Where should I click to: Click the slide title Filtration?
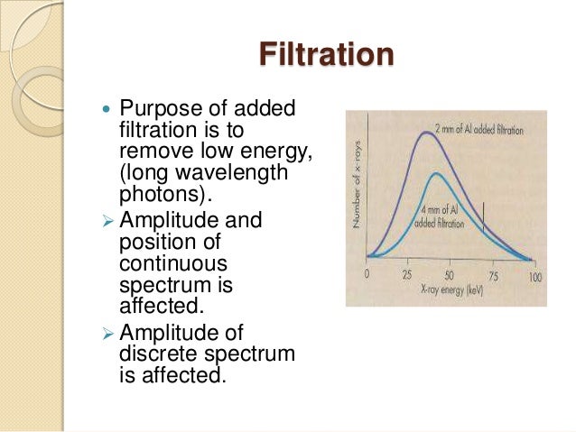[326, 54]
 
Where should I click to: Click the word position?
[153, 243]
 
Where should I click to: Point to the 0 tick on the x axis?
[367, 274]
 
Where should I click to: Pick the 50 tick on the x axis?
[449, 274]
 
